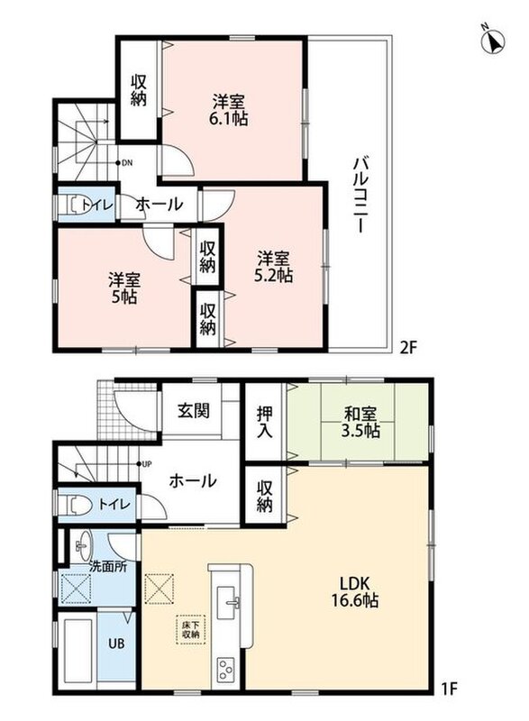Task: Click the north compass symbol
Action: click(493, 41)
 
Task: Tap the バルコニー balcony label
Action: click(360, 195)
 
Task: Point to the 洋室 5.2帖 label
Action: click(273, 266)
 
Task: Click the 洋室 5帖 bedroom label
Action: click(124, 288)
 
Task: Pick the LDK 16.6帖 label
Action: click(355, 592)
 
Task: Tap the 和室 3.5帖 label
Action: click(360, 423)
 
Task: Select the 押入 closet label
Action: click(264, 422)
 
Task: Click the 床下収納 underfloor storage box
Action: click(190, 629)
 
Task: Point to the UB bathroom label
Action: click(116, 643)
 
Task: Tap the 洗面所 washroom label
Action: click(108, 567)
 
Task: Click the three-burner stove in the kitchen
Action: click(225, 670)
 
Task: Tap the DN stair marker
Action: click(124, 163)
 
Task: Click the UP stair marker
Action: click(143, 464)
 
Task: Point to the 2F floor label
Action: click(407, 347)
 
